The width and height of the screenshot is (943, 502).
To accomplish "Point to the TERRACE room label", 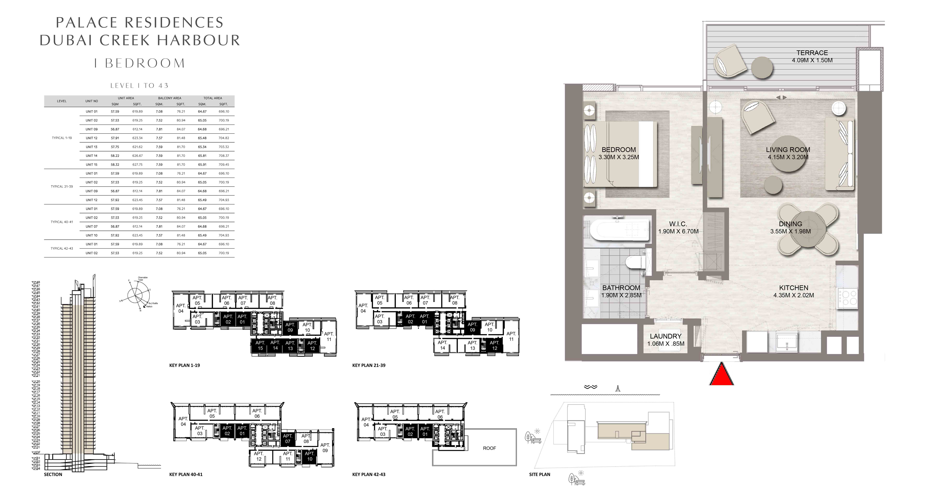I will click(812, 53).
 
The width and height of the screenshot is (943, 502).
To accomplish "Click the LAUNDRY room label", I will click(665, 336).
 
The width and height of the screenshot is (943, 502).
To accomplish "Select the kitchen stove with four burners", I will click(847, 298).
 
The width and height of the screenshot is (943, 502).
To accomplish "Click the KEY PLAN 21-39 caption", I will click(369, 365).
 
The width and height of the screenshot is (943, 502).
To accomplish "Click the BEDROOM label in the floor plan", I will click(619, 149).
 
